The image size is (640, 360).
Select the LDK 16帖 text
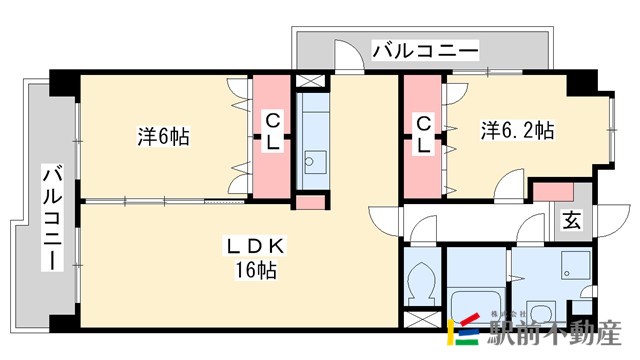click(257, 257)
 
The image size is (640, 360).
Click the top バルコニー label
click(425, 48)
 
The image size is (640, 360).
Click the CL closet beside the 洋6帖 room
click(271, 134)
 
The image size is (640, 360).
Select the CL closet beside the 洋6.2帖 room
click(424, 134)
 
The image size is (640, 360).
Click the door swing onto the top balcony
click(346, 57)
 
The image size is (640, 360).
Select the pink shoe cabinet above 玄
click(549, 190)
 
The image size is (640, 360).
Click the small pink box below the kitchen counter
click(311, 203)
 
